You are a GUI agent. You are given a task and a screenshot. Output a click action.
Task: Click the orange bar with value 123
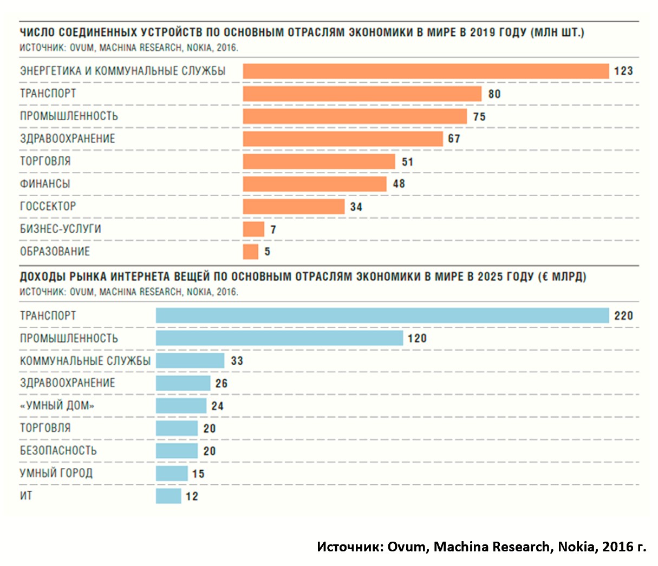pyautogui.click(x=426, y=71)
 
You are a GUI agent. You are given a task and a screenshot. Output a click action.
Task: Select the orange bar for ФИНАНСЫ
pyautogui.click(x=315, y=184)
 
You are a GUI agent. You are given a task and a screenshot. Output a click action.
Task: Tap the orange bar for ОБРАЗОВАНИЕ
pyautogui.click(x=251, y=252)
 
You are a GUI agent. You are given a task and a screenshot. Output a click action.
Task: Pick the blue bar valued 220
pyautogui.click(x=382, y=315)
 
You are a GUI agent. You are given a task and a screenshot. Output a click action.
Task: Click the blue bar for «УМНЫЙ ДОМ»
pyautogui.click(x=181, y=406)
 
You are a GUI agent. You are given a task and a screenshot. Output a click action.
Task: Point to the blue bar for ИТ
pyautogui.click(x=168, y=496)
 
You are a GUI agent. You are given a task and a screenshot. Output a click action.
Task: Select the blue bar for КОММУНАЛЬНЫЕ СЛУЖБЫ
pyautogui.click(x=190, y=361)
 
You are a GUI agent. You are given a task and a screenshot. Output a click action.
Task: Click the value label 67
pyautogui.click(x=454, y=139)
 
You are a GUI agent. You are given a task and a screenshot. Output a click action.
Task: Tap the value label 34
pyautogui.click(x=356, y=207)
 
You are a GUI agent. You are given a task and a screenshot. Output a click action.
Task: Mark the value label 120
pyautogui.click(x=417, y=339)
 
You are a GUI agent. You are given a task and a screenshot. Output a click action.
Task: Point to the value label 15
pyautogui.click(x=198, y=474)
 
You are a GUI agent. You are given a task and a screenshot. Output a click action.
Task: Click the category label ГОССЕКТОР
pyautogui.click(x=48, y=206)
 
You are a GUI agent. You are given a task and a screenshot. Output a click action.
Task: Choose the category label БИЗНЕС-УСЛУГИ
pyautogui.click(x=61, y=229)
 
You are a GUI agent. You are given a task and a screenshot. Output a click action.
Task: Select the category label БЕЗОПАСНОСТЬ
pyautogui.click(x=58, y=451)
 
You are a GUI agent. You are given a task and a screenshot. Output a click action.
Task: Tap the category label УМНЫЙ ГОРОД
pyautogui.click(x=56, y=473)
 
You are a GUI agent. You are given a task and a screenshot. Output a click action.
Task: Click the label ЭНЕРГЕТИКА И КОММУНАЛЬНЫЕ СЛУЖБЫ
pyautogui.click(x=123, y=71)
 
